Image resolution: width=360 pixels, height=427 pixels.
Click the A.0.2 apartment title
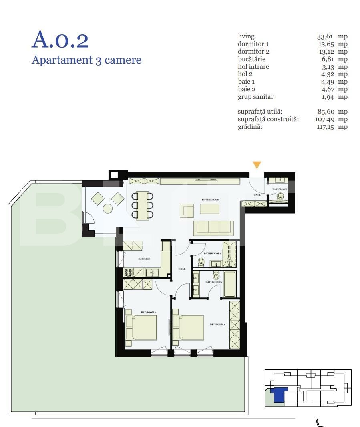[60, 40]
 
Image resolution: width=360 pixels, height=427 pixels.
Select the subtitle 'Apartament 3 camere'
[86, 60]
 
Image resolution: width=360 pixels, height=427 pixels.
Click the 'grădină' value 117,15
[325, 127]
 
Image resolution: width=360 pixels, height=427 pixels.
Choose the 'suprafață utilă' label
[263, 112]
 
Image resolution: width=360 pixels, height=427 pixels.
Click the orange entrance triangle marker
[257, 165]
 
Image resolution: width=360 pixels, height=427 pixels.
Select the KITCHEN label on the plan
[144, 259]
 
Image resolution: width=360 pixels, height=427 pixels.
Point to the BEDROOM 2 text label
[148, 312]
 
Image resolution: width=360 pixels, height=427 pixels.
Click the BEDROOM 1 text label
[218, 325]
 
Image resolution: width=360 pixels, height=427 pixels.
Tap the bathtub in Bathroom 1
[229, 284]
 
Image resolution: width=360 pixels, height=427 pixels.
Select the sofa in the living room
[213, 228]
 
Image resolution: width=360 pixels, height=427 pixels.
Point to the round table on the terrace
[108, 208]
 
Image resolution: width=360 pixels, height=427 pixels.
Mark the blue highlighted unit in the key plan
[278, 395]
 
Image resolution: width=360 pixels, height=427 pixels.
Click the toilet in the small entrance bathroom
[280, 196]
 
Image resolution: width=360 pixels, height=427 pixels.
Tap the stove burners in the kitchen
[129, 273]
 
